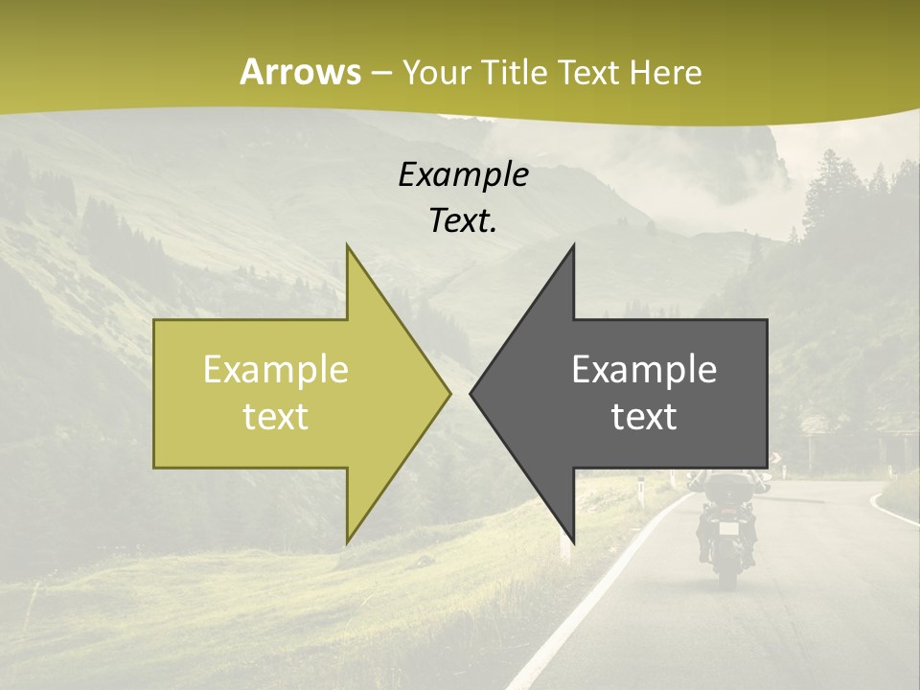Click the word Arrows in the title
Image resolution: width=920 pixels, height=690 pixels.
[300, 72]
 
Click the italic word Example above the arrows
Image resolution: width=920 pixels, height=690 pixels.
[463, 174]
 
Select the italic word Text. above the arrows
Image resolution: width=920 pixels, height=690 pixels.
[463, 220]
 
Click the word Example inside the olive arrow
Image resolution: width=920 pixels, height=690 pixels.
[276, 370]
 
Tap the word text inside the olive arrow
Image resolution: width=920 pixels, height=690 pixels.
[276, 417]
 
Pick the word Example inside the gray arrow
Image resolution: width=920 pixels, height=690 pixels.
[644, 370]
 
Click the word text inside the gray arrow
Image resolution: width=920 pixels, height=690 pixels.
[644, 417]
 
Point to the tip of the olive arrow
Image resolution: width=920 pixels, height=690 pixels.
[449, 393]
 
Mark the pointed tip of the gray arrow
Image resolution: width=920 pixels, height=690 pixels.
[471, 393]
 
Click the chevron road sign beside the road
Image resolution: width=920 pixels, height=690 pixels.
[775, 458]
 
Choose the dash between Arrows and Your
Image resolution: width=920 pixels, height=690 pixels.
[380, 72]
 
